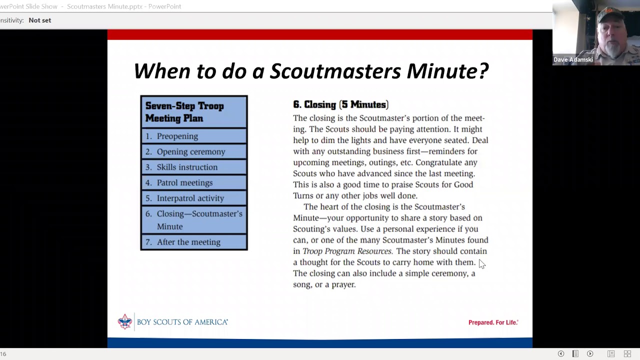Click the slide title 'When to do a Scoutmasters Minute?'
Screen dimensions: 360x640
[310, 71]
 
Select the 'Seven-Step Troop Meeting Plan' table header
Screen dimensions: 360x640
[184, 112]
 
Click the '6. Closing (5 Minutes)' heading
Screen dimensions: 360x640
[340, 104]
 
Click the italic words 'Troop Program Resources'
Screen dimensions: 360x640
[347, 251]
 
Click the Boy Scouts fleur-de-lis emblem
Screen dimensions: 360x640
[124, 321]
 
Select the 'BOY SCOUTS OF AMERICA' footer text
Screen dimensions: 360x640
[182, 322]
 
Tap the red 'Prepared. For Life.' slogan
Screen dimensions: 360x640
[493, 322]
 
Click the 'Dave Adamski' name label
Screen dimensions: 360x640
[573, 59]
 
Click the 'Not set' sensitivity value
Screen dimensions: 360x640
[39, 20]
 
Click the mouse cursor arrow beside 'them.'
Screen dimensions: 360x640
[481, 263]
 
